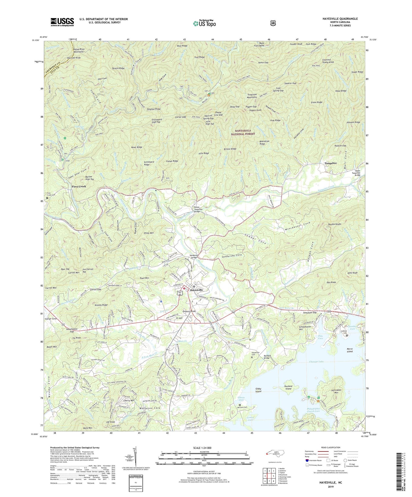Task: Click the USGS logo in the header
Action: pos(62,22)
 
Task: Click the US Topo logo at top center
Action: pos(204,23)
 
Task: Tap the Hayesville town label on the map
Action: pos(197,290)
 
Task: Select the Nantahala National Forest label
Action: pos(243,132)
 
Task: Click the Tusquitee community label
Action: pos(330,163)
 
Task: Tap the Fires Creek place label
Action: pos(79,186)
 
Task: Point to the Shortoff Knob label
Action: pos(74,58)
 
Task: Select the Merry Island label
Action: pos(350,350)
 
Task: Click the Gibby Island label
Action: pos(258,390)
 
